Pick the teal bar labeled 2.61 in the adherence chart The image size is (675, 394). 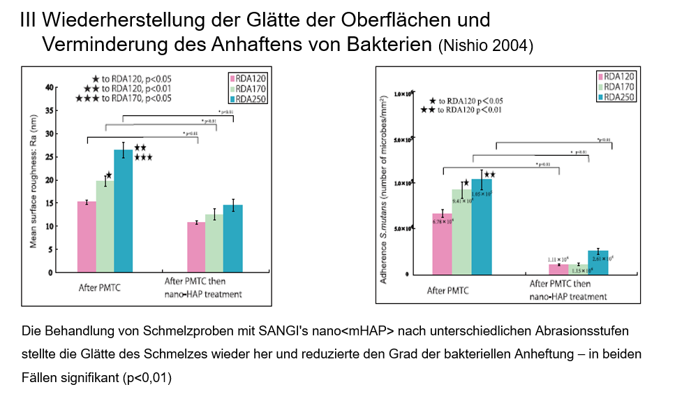click(598, 262)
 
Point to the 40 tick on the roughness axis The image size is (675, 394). click(49, 87)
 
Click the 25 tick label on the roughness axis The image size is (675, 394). click(49, 157)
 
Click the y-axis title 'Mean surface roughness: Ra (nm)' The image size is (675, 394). click(33, 180)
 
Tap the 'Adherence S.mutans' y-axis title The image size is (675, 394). click(384, 189)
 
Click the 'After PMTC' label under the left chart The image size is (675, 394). click(99, 286)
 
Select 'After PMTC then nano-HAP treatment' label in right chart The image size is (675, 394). click(568, 290)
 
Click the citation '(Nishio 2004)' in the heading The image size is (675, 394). click(486, 47)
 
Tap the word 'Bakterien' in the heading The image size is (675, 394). click(389, 45)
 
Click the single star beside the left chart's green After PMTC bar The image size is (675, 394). click(109, 175)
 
